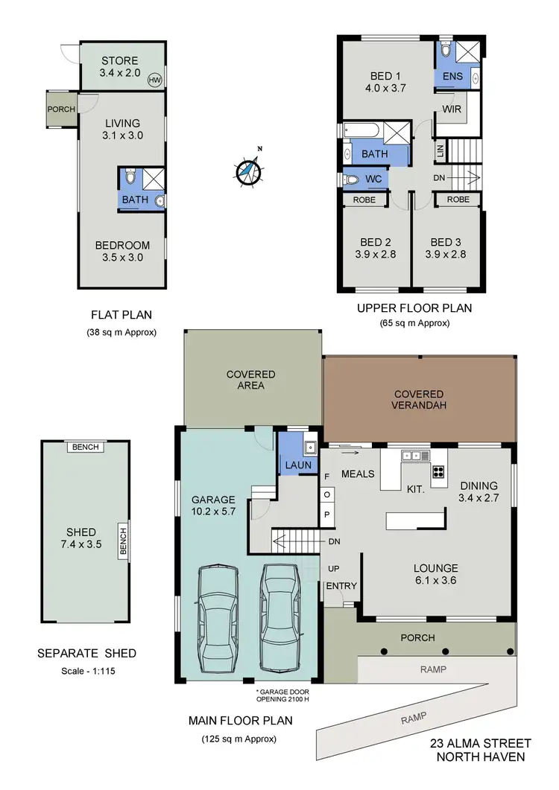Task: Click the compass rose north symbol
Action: coord(249,171)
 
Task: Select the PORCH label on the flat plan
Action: coord(61,109)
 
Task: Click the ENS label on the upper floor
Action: coord(452,77)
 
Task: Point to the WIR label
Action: coord(452,109)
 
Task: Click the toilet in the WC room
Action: coord(352,179)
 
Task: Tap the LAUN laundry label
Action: coord(298,465)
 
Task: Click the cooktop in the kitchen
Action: coord(437,471)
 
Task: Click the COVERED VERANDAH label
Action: coord(418,400)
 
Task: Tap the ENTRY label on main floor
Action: coord(341,586)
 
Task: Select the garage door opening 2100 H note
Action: coord(288,695)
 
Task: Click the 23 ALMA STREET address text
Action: coord(481,743)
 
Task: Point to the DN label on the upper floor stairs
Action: coord(439,178)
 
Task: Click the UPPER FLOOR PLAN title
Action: coord(414,308)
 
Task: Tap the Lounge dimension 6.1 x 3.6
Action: coord(438,582)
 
